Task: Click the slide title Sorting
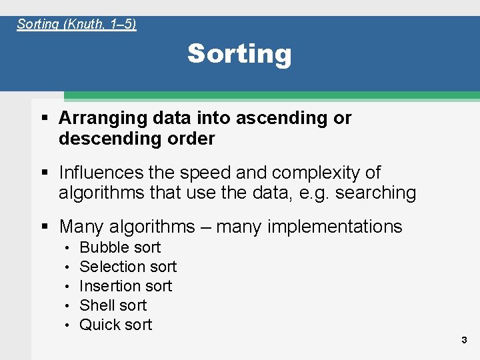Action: (239, 54)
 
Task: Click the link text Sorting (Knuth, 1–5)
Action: (77, 25)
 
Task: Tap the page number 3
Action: (464, 341)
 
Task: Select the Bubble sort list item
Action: (120, 247)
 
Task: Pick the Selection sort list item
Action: (128, 267)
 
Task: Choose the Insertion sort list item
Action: (125, 286)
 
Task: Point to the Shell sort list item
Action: (113, 305)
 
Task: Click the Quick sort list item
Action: (115, 325)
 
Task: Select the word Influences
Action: (101, 173)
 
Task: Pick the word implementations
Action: (335, 227)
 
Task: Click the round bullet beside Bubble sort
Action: (68, 248)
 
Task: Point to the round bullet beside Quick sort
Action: (68, 325)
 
